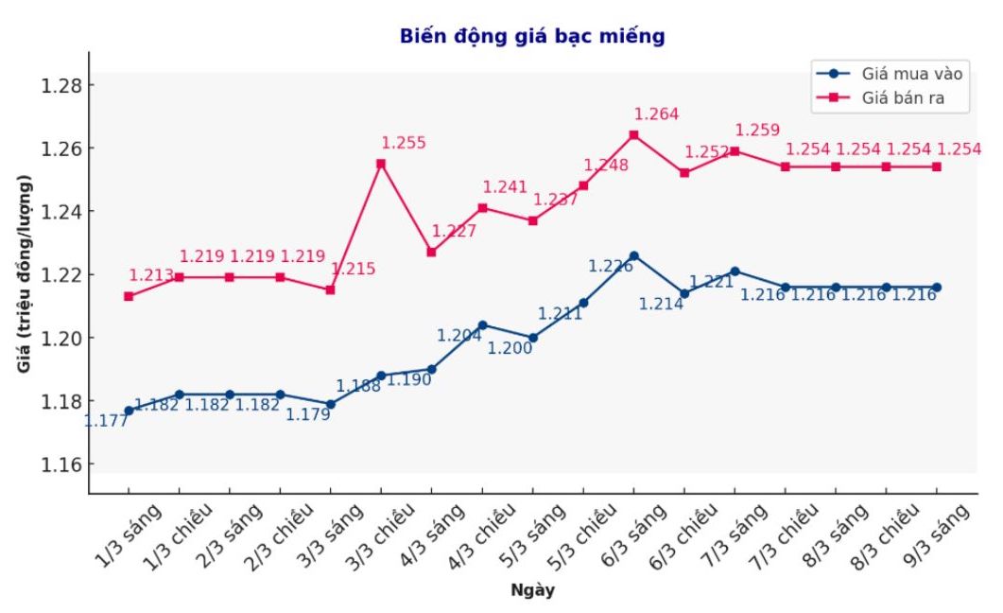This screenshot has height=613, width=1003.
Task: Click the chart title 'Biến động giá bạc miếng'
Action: coord(532,36)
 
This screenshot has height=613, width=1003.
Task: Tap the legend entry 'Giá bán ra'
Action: coord(903,97)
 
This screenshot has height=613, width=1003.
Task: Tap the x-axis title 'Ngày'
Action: coord(532,591)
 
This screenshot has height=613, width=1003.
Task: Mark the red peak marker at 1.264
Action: coord(633,134)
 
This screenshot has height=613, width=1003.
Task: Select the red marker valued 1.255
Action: coord(381,164)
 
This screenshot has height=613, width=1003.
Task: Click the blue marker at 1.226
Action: coord(633,255)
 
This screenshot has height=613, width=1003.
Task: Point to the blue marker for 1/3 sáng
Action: coord(129,411)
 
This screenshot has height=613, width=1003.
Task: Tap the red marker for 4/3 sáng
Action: coord(431,252)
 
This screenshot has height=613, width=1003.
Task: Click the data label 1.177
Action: coord(106,421)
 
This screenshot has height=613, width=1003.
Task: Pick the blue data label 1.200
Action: coord(510,348)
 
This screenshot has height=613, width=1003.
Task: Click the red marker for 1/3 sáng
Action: coord(129,296)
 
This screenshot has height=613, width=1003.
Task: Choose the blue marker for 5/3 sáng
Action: coord(533,338)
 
